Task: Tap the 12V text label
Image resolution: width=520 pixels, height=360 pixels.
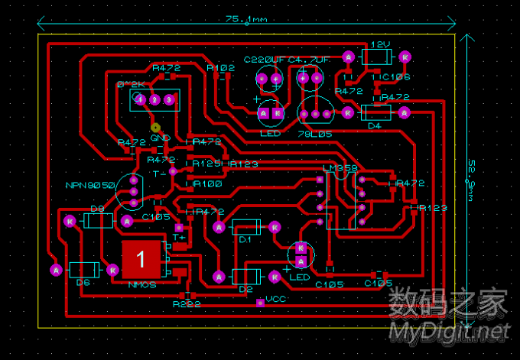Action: (381, 45)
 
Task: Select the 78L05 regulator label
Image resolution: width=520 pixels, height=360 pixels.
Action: (312, 133)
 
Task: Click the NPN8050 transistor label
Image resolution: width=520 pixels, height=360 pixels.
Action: (89, 185)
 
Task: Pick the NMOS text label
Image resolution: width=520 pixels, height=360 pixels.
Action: (142, 284)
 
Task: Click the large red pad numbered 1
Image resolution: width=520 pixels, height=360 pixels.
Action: (141, 259)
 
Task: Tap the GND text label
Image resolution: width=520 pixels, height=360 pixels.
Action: (159, 138)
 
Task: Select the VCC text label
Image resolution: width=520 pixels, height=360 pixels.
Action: (275, 299)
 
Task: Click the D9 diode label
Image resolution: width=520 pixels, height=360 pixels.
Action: (97, 208)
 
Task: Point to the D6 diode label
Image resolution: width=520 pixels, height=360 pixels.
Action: (83, 282)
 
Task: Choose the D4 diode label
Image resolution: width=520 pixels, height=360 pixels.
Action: (375, 125)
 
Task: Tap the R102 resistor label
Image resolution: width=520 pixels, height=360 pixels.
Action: (221, 68)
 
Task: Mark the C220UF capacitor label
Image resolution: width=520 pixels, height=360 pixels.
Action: (264, 59)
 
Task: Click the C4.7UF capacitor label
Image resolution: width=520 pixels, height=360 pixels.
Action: (309, 59)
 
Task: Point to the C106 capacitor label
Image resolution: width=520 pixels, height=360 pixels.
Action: (397, 76)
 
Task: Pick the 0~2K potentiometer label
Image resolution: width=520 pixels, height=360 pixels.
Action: (131, 84)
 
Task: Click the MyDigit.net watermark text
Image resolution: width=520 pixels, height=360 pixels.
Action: (450, 330)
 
